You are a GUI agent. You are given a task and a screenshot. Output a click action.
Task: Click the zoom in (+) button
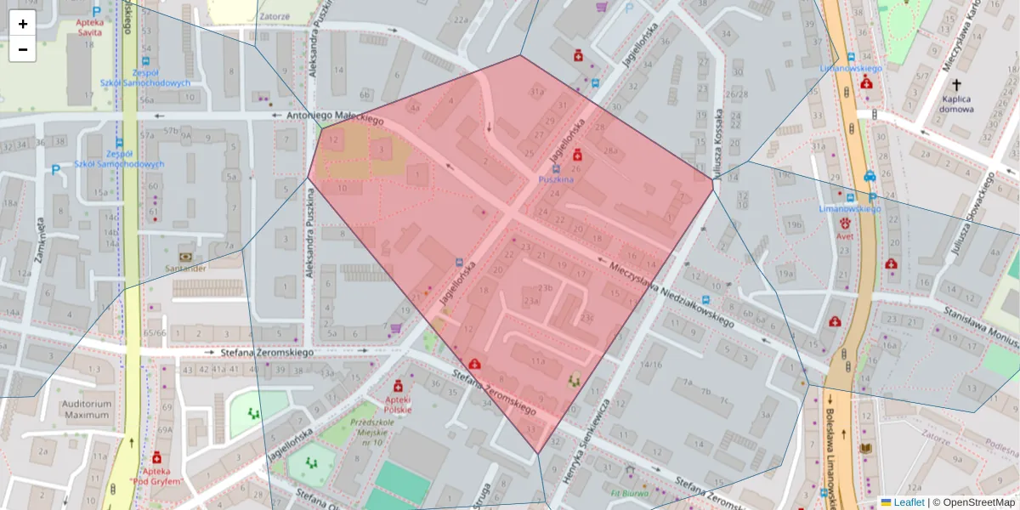point(23,24)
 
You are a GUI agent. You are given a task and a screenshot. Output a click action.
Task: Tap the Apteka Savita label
point(88,26)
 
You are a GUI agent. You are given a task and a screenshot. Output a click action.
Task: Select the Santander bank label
point(184,268)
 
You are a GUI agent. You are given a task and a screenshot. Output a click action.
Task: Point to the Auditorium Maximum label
point(87,410)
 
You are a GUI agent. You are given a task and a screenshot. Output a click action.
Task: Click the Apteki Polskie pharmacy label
point(398,404)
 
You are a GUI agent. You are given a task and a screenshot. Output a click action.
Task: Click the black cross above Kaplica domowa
point(956,85)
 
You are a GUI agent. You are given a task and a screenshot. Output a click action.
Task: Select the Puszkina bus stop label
point(557,180)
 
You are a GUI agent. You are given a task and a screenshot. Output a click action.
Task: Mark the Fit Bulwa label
point(628,491)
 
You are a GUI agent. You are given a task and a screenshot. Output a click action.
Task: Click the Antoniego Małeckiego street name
point(335,118)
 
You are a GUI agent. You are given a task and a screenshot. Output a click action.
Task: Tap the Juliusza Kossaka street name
point(719,141)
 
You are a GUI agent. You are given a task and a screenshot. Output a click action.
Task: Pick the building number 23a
point(532,301)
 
